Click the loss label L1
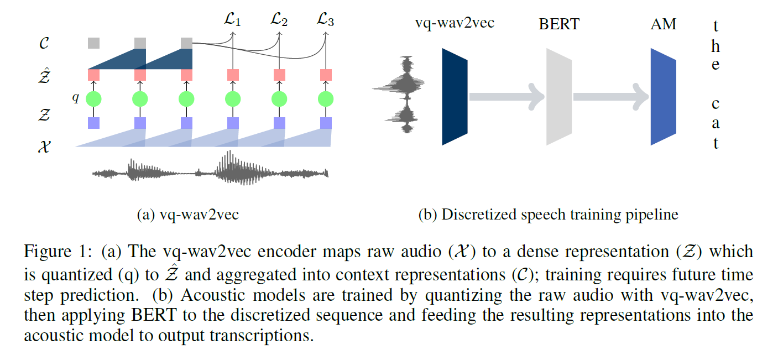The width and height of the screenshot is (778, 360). [x=232, y=22]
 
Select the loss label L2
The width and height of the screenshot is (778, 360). [x=279, y=22]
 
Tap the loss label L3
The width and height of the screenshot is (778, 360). [x=325, y=22]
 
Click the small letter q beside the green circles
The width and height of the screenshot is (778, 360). [x=76, y=98]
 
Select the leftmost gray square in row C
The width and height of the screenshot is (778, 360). [x=93, y=43]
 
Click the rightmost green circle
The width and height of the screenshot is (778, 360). [x=326, y=99]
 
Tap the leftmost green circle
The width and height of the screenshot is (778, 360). [x=93, y=99]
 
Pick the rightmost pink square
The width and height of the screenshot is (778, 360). [x=326, y=74]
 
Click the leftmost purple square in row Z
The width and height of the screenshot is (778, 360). [x=93, y=122]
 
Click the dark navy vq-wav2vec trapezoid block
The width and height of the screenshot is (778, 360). [x=455, y=96]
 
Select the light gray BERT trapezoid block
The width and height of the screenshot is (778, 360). [x=559, y=96]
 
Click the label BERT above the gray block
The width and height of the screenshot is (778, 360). [x=560, y=25]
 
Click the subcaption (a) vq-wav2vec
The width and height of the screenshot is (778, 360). [x=188, y=215]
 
